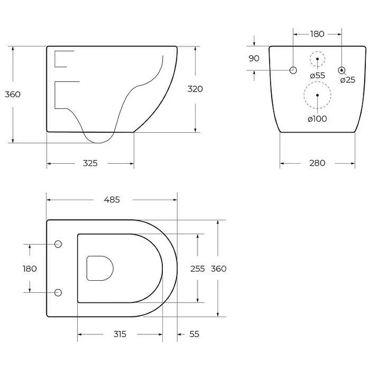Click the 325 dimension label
(90, 163)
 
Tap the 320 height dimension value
(195, 89)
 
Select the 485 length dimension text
(112, 200)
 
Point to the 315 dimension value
(120, 334)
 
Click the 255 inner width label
(198, 269)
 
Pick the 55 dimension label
(194, 334)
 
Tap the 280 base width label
(317, 163)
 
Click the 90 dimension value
(254, 58)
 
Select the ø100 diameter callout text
(317, 119)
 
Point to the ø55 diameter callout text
(318, 75)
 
